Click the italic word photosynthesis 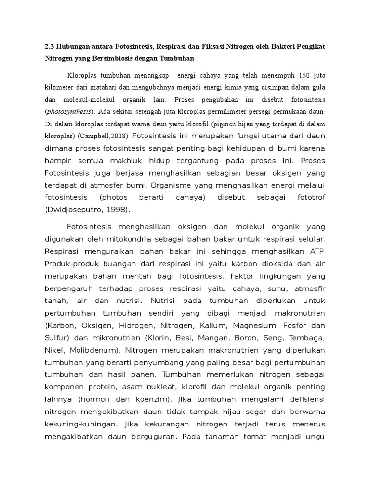[69, 111]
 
